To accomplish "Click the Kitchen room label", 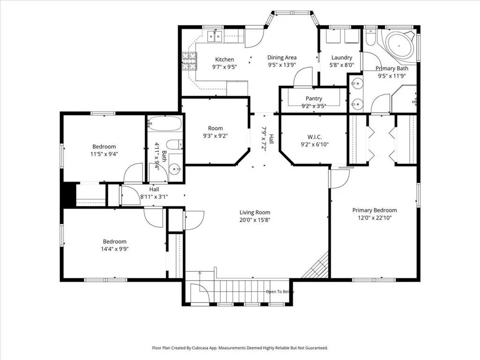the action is (225, 60).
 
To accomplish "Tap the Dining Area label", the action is (282, 57).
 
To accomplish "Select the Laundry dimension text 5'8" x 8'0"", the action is (342, 65).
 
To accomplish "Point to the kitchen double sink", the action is (215, 36).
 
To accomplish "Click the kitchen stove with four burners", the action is (189, 61).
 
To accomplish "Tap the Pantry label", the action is (314, 98).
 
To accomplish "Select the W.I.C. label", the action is (315, 137).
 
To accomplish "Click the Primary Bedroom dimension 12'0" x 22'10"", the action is (375, 218).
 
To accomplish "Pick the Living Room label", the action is (255, 212).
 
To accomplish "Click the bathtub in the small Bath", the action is (165, 123).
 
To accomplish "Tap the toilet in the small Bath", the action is (175, 144).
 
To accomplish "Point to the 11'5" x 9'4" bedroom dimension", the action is (104, 154).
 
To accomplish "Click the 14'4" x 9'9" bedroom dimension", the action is (114, 249).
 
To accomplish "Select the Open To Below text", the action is (280, 292).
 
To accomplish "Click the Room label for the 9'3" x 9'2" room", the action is (215, 128).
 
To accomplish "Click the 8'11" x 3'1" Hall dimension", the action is (154, 197).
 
